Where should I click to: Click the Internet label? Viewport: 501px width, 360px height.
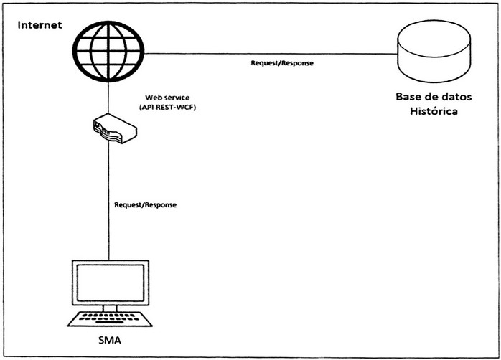pyautogui.click(x=40, y=24)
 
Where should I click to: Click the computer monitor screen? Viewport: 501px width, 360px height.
pyautogui.click(x=110, y=282)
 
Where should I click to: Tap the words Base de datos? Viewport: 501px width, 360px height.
pyautogui.click(x=433, y=97)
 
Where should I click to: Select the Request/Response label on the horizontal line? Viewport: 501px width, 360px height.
pyautogui.click(x=281, y=62)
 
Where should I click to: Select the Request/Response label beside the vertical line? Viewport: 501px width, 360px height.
pyautogui.click(x=145, y=205)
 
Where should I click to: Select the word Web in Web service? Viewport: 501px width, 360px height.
pyautogui.click(x=153, y=96)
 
